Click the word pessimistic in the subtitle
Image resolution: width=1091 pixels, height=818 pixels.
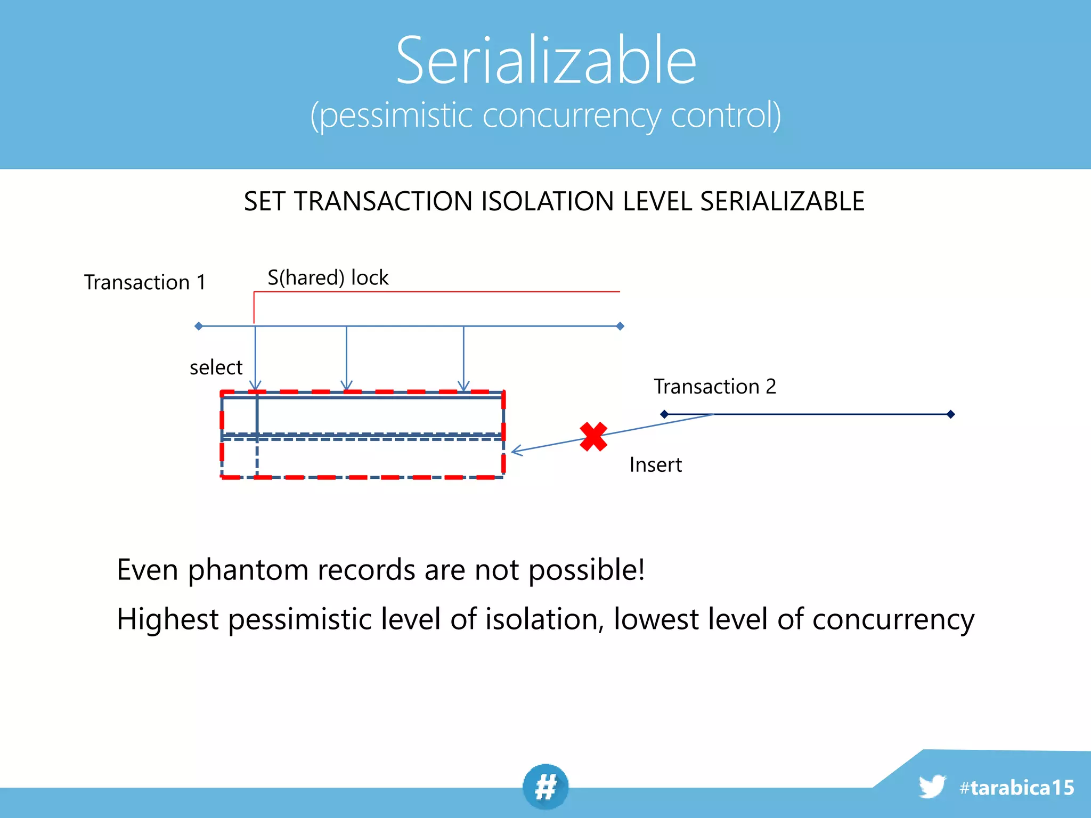coord(396,116)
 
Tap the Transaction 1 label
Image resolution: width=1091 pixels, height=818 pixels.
coord(145,282)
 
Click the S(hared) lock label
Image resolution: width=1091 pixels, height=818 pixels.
coord(328,278)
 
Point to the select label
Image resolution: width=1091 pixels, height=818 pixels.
coord(216,367)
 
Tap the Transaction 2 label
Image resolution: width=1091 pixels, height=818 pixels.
coord(715,387)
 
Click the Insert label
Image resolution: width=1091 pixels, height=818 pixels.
coord(655,465)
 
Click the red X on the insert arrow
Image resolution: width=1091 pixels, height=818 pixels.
coord(593,437)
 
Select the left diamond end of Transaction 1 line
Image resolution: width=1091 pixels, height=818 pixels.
coord(199,326)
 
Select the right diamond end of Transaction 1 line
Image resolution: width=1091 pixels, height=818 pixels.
coord(620,326)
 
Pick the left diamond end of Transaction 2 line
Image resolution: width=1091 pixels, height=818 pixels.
coord(664,414)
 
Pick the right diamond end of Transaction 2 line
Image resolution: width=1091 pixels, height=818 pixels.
coord(951,414)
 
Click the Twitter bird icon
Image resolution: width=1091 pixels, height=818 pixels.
coord(932,787)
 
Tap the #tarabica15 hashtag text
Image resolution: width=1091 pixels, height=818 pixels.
coord(1016,788)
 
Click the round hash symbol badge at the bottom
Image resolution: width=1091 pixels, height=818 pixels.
coord(545,787)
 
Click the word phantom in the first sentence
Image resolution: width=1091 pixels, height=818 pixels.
coord(248,570)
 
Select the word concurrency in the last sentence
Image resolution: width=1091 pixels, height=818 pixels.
coord(893,619)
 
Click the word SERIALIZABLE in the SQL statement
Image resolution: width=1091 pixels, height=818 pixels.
coord(782,202)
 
